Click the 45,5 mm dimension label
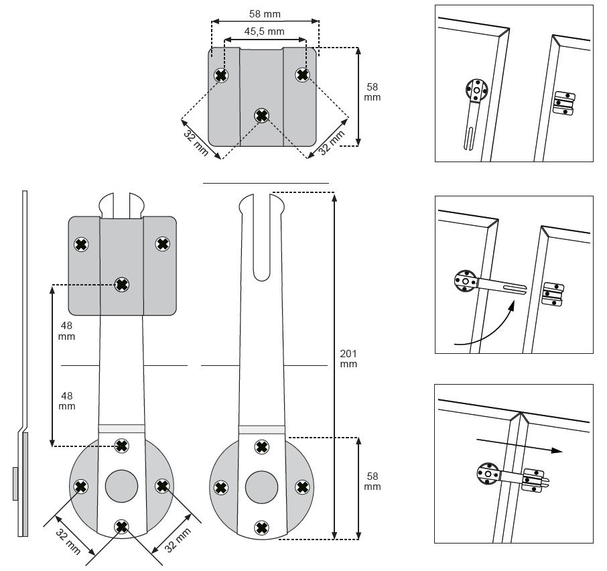point(264,31)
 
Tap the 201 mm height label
point(348,359)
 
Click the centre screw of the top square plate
point(261,116)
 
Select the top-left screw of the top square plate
point(220,76)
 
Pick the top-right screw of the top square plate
point(302,75)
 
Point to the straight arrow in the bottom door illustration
point(519,446)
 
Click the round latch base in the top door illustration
point(476,90)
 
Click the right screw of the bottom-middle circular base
point(302,487)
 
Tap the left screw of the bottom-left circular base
point(80,486)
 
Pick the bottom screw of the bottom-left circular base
point(121,526)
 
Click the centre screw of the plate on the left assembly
point(121,285)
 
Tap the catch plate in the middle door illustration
point(553,294)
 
